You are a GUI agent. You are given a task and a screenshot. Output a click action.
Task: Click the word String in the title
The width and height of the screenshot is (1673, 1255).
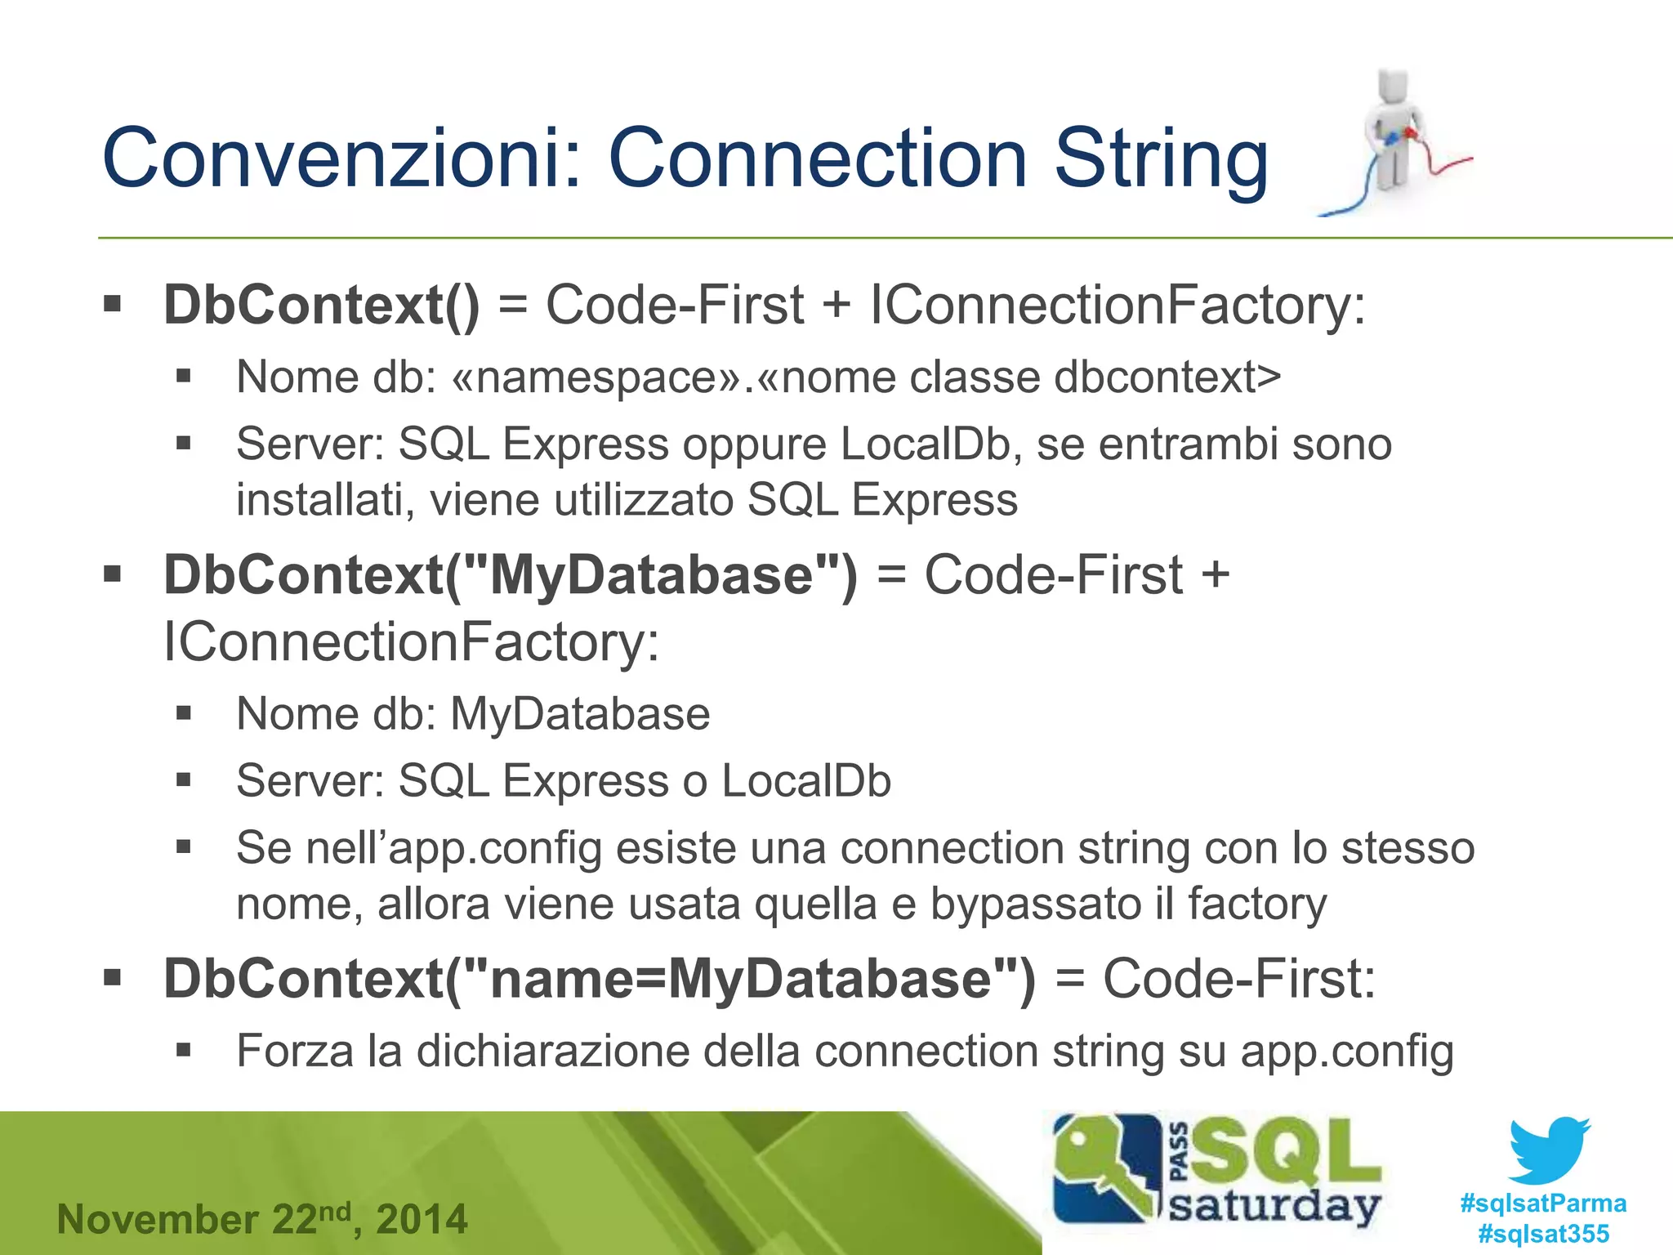click(1161, 159)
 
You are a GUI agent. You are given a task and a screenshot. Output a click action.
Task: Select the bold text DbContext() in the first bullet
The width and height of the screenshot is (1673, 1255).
click(322, 306)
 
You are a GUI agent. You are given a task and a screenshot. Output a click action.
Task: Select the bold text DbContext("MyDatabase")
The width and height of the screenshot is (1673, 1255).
click(511, 575)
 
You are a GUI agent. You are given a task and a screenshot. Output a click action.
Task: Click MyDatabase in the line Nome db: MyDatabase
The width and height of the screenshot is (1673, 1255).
click(580, 714)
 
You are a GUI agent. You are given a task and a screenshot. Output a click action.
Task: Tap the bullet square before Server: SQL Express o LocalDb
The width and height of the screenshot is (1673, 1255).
click(184, 780)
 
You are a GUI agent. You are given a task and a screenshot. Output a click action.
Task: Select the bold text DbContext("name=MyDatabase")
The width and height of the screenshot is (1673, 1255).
click(599, 979)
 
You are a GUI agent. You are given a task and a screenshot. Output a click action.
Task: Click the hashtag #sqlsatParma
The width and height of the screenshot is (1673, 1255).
click(1542, 1204)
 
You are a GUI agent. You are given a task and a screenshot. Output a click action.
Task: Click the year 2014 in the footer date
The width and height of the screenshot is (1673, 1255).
click(422, 1220)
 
